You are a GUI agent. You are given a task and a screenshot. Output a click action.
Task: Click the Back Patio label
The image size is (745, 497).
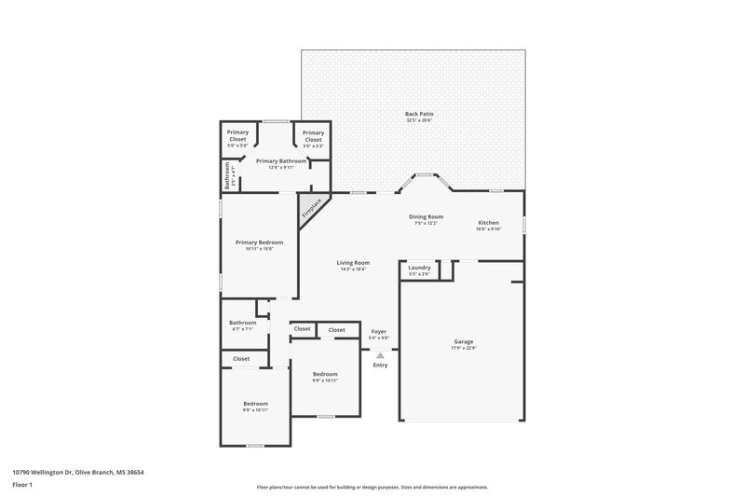(x=419, y=114)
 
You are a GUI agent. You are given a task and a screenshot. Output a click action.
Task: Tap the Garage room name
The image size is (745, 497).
(x=463, y=341)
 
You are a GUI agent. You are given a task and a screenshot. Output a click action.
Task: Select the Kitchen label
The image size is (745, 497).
(x=489, y=223)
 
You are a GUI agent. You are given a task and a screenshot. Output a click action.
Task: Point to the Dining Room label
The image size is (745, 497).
(x=426, y=216)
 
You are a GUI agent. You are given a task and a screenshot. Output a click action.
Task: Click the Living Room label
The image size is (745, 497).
(x=353, y=262)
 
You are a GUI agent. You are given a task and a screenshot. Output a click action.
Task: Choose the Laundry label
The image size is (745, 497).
(x=419, y=267)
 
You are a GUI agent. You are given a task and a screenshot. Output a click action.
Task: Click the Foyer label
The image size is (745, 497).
(x=379, y=331)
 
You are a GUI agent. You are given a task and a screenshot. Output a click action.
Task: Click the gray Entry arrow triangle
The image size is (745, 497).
(x=380, y=354)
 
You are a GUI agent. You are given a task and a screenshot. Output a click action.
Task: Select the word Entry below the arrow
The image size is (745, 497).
(x=380, y=365)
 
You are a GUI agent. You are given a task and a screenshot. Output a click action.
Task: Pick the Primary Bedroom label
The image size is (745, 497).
(x=258, y=242)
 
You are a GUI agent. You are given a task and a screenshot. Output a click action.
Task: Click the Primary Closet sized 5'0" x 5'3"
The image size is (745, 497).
(x=313, y=145)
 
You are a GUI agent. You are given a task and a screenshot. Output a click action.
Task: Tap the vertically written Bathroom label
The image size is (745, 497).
(x=227, y=175)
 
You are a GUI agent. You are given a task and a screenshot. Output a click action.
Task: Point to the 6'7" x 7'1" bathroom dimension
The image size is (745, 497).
(x=242, y=328)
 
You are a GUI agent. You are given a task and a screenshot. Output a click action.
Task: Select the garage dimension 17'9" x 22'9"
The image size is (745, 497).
(x=463, y=348)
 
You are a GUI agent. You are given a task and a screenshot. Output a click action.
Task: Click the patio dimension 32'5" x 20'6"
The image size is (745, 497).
(x=419, y=120)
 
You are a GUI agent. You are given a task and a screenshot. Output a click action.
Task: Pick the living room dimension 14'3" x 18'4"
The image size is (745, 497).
(x=353, y=269)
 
